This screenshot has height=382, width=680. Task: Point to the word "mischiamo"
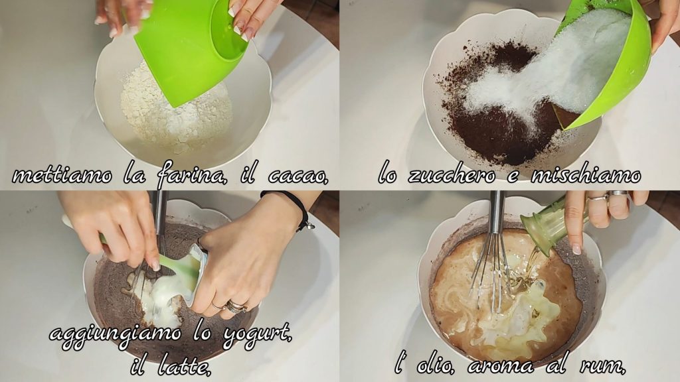click(x=586, y=175)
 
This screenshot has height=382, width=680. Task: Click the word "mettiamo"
click(x=62, y=175)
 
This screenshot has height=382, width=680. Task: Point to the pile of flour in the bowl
click(x=175, y=111)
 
